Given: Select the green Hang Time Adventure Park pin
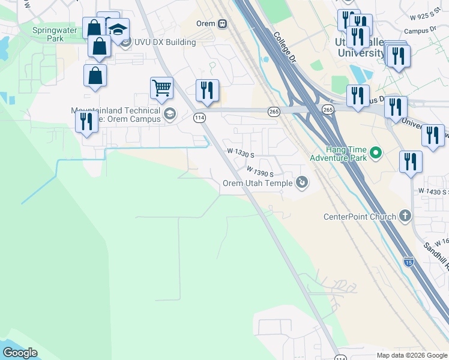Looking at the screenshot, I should pyautogui.click(x=376, y=154).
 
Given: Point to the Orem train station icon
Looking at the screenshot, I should pyautogui.click(x=223, y=23).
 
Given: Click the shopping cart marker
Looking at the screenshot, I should pyautogui.click(x=161, y=88).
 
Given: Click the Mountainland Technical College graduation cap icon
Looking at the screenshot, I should pyautogui.click(x=170, y=114).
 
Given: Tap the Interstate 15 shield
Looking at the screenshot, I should pyautogui.click(x=409, y=262).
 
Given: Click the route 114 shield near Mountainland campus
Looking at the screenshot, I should pyautogui.click(x=200, y=118).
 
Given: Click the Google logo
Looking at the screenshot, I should pyautogui.click(x=20, y=353).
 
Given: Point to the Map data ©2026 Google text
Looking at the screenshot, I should pyautogui.click(x=411, y=355).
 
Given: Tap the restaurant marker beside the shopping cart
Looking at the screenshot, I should pyautogui.click(x=207, y=91).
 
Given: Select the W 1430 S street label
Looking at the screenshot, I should pyautogui.click(x=437, y=191).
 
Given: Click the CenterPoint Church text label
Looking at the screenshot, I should pyautogui.click(x=360, y=217).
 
